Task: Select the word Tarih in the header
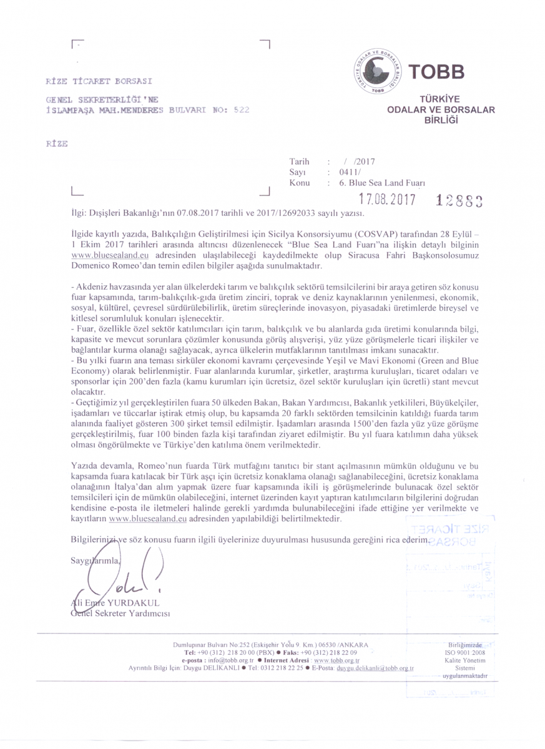[300, 162]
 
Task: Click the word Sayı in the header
[296, 172]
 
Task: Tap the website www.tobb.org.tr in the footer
[338, 660]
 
